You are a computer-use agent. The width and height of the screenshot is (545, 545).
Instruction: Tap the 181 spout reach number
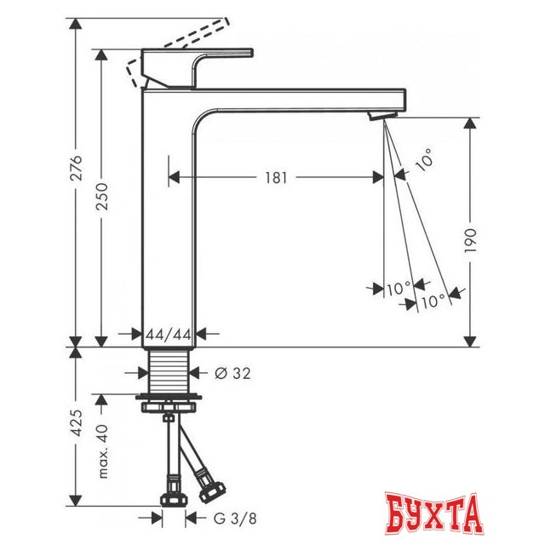point(276,178)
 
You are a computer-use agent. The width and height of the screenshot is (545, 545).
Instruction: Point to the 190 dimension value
point(470,241)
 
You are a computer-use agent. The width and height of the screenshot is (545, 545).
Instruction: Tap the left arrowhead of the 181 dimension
point(175,178)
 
